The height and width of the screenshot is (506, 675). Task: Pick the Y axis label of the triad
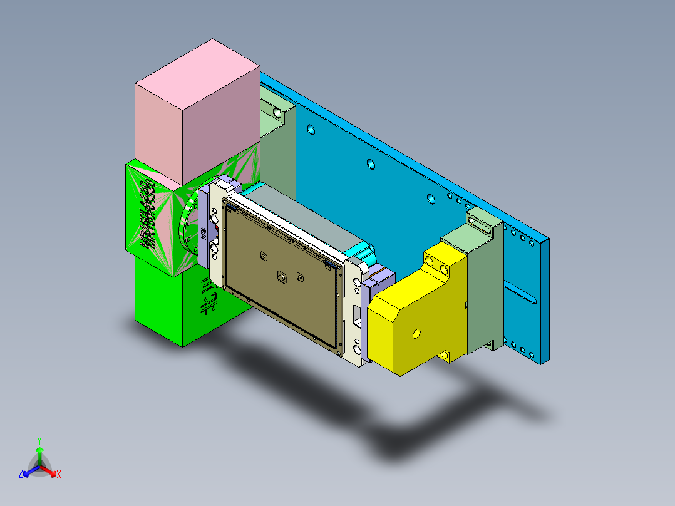click(x=39, y=440)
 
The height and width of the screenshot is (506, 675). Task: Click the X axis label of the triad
click(x=59, y=475)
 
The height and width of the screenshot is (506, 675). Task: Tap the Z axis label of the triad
click(x=21, y=475)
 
